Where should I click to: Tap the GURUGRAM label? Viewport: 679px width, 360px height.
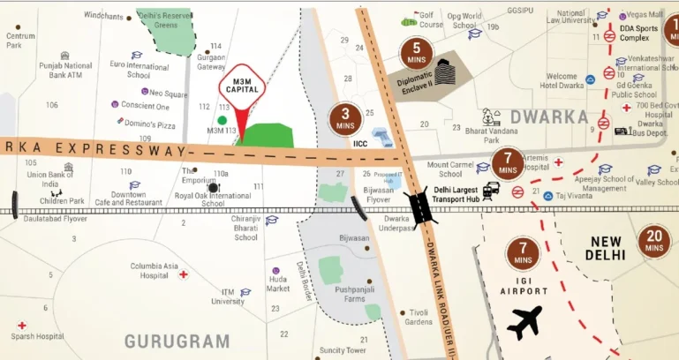tap(177, 341)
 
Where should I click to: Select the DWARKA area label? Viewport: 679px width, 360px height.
tap(548, 116)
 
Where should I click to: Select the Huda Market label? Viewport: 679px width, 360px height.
tap(278, 283)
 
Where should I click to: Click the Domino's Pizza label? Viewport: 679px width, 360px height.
tap(149, 125)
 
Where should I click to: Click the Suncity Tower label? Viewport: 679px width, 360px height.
tap(343, 351)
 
